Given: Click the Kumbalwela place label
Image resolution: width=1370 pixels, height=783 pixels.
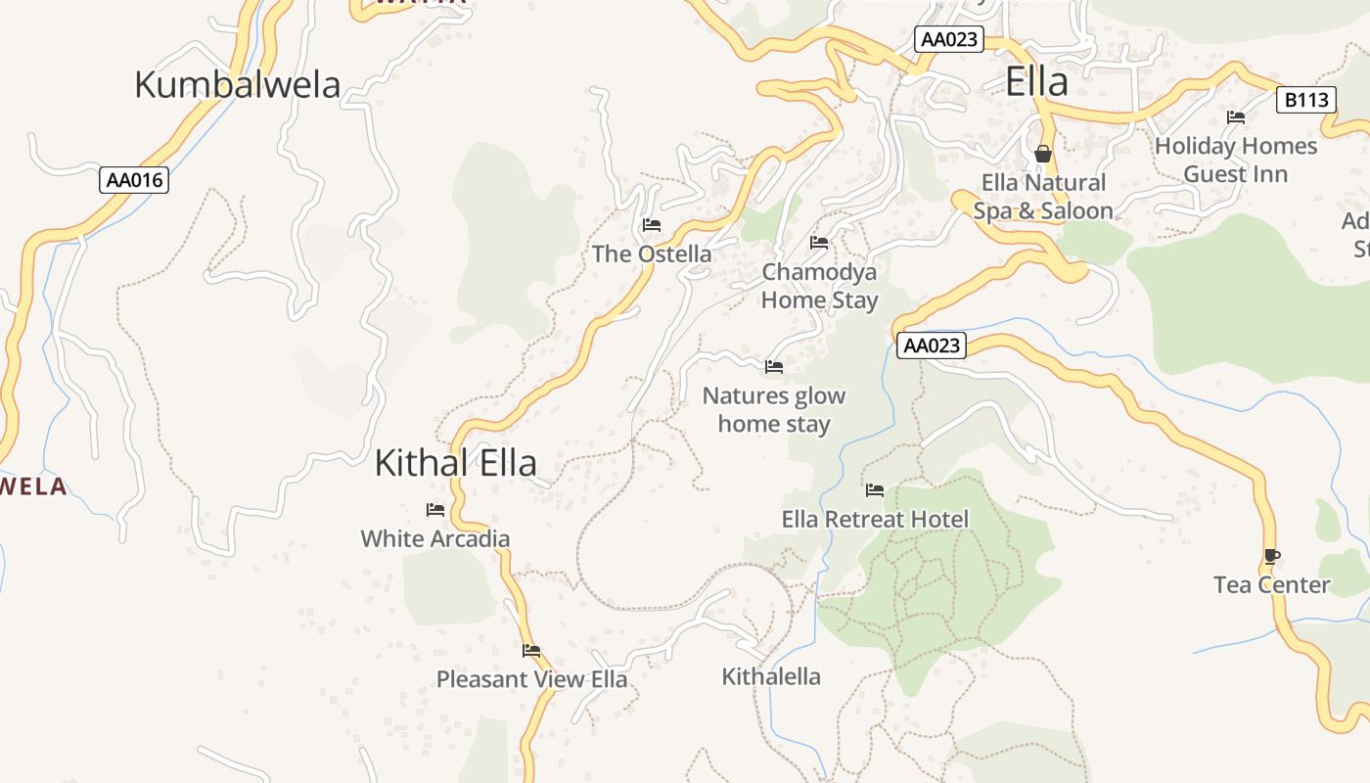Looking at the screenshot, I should tap(237, 85).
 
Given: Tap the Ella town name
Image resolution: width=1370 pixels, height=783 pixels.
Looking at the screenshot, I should tap(1036, 82).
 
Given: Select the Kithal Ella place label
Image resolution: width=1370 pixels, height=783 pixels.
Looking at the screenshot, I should tap(456, 463).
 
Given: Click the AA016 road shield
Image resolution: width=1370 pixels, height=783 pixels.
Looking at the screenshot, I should tap(134, 180).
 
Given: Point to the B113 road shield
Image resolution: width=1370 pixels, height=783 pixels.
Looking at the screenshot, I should tap(1306, 100).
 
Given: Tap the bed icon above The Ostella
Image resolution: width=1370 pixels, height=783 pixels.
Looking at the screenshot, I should tap(652, 225).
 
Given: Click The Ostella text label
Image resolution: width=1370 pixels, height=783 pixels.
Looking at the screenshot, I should tap(652, 254).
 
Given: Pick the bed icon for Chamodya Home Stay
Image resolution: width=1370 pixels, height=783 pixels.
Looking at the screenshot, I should tap(819, 242).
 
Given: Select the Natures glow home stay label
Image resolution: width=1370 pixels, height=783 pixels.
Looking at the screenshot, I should tap(774, 410).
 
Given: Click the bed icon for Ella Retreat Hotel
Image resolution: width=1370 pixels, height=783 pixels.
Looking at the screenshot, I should tap(875, 489).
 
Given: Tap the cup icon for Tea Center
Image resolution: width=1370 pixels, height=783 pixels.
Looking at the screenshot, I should tap(1271, 556).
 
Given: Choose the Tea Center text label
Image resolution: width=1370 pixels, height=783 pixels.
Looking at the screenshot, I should tap(1271, 585).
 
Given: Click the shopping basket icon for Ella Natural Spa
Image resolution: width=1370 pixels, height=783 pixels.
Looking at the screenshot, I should tap(1043, 154).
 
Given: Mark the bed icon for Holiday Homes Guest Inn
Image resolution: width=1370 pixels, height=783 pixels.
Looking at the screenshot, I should tap(1236, 117).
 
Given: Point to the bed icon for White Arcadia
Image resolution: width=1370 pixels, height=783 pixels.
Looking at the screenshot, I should tap(435, 510).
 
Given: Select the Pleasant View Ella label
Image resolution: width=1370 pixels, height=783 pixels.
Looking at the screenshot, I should tap(531, 679).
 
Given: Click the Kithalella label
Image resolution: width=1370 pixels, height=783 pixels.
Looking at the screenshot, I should tap(771, 676).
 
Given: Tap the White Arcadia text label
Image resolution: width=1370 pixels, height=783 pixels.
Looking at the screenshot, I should tap(435, 538).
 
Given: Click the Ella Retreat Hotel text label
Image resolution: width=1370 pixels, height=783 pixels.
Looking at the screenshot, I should tap(875, 519).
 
